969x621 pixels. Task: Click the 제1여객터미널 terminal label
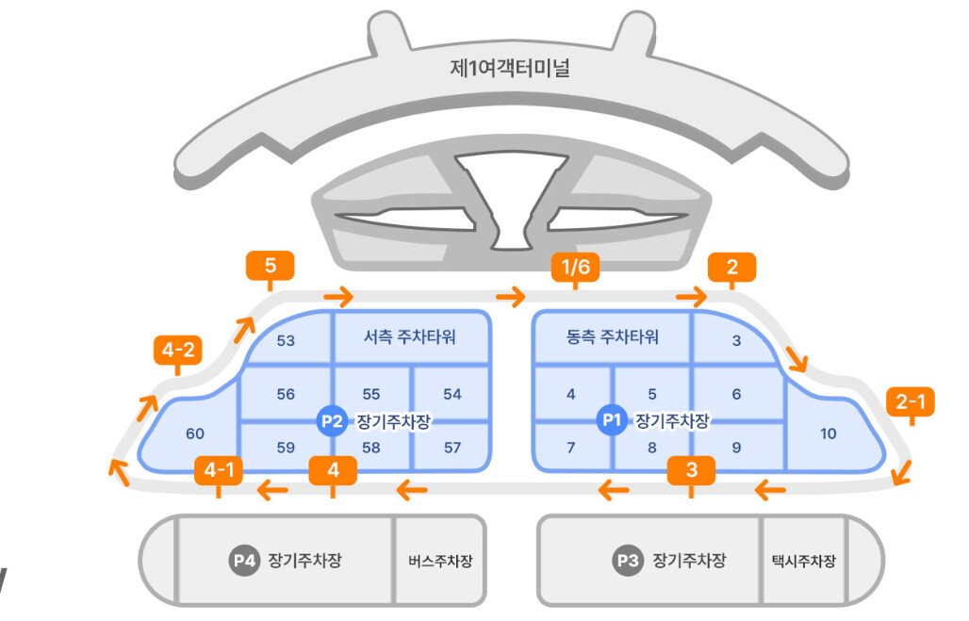[510, 69]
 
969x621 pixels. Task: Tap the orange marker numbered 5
[270, 266]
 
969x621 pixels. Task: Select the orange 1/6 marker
[575, 268]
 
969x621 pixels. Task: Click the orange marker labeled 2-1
[911, 402]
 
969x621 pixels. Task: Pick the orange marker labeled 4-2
[177, 351]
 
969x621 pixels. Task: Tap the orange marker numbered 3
[691, 469]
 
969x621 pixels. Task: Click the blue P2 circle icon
[331, 421]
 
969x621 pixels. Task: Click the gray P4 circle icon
[244, 561]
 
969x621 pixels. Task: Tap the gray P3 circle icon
[627, 561]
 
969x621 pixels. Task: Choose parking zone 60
[195, 433]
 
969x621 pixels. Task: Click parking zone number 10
[828, 433]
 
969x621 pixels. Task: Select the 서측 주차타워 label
[409, 336]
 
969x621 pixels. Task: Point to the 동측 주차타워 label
[613, 336]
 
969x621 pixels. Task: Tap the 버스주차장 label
[440, 562]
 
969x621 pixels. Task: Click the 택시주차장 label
[802, 562]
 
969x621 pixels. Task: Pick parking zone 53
[286, 340]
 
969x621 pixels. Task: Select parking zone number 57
[452, 448]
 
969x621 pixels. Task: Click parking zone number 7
[571, 448]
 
